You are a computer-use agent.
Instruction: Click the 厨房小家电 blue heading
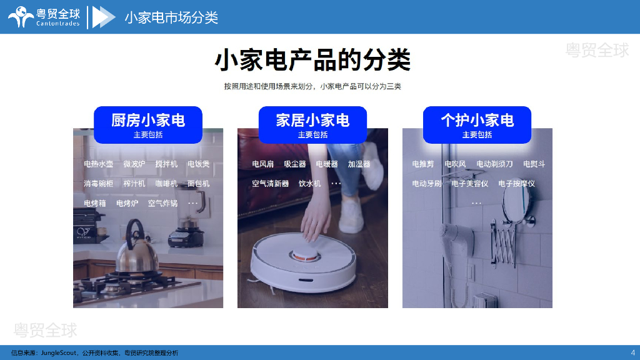tap(147, 125)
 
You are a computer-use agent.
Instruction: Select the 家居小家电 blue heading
tap(312, 125)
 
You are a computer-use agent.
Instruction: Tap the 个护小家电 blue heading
tap(477, 125)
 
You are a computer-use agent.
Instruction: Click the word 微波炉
tap(134, 164)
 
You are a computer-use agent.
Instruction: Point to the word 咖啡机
tap(166, 184)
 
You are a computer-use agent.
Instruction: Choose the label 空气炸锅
tap(162, 203)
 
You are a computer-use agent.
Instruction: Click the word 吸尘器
tap(295, 164)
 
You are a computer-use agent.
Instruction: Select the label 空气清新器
tap(270, 184)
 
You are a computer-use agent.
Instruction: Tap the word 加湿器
tap(359, 164)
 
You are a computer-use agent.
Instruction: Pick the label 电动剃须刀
tap(494, 164)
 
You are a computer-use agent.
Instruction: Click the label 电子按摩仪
tap(516, 184)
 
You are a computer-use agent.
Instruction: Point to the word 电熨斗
tap(534, 164)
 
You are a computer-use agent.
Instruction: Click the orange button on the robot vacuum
tap(305, 256)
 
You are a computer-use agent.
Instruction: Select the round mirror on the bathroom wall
tap(516, 202)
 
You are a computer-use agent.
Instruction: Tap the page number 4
tap(632, 352)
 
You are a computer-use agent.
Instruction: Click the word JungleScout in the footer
tap(58, 352)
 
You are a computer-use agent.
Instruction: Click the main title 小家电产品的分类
tap(312, 60)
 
